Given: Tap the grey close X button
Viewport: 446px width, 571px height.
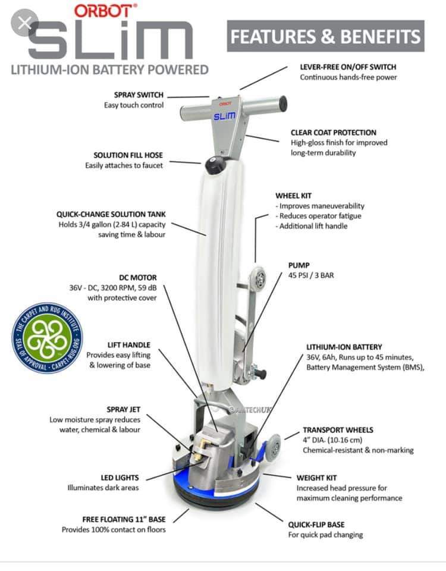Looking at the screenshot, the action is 25,23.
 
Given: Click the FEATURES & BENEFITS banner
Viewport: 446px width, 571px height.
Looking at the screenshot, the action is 325,36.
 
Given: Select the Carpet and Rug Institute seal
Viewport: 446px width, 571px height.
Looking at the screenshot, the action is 48,338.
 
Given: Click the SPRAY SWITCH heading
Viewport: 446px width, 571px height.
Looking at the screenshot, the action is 139,95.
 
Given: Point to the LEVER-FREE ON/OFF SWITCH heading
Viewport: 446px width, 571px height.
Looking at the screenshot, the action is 348,67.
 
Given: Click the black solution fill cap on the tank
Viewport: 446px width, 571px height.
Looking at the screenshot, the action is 215,165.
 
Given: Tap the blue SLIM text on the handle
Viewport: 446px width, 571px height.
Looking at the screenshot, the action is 224,116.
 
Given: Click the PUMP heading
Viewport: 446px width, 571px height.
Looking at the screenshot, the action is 299,265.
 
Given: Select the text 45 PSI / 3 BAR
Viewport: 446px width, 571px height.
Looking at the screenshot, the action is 311,275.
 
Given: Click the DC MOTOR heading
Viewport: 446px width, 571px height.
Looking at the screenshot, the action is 137,278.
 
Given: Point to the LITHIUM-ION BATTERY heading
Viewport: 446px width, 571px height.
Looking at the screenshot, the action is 344,347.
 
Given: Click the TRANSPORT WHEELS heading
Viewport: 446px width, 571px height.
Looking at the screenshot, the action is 338,430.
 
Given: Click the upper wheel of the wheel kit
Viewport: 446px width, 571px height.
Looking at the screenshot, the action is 260,278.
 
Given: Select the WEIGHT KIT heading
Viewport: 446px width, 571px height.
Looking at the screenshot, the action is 316,478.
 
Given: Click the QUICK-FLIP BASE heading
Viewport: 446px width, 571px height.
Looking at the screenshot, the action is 316,525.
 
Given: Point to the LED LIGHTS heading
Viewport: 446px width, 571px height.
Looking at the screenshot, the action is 120,478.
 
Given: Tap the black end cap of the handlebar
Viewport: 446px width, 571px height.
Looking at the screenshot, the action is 283,103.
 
